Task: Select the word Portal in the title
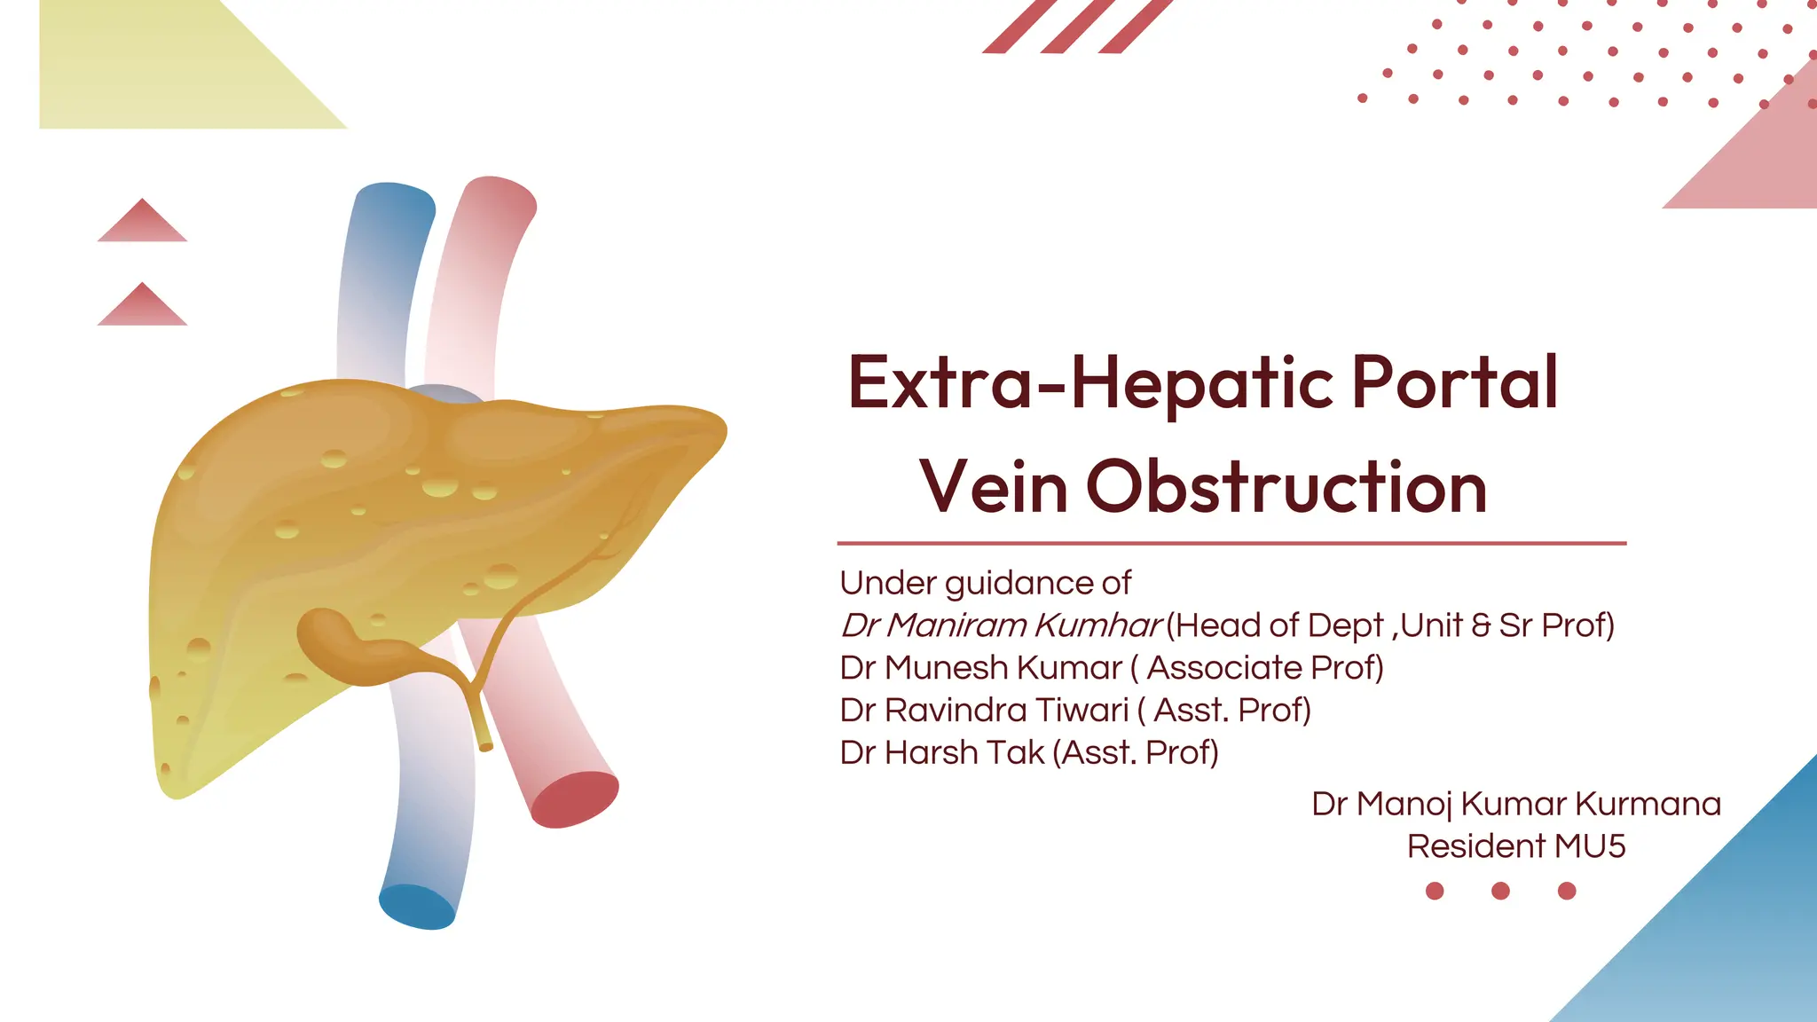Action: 1454,383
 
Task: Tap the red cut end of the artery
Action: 575,799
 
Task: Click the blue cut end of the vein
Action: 417,907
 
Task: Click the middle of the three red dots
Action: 1500,891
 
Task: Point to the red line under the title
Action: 1231,543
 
